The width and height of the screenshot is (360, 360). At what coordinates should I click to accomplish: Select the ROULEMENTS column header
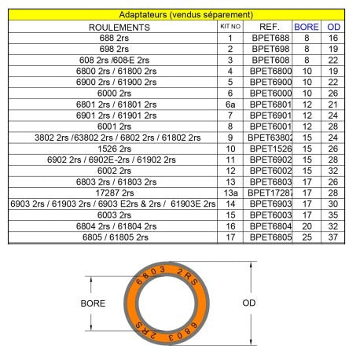point(113,26)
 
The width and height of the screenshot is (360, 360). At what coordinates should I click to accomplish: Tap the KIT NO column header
point(230,26)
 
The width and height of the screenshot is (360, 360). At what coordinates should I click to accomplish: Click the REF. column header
point(269,26)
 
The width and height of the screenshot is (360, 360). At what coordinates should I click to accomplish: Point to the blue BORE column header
point(306,26)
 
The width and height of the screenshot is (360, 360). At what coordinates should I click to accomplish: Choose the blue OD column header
point(333,26)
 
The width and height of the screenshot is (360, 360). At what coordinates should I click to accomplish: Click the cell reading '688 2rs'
point(113,37)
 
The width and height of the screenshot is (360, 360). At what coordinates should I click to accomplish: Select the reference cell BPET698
point(269,48)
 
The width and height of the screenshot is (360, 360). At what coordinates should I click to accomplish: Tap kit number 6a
point(230,104)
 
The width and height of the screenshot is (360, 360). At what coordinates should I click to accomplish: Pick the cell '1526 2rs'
point(113,148)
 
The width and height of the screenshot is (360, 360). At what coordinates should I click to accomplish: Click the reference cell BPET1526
point(269,148)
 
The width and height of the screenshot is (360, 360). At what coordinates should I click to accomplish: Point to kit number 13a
point(230,193)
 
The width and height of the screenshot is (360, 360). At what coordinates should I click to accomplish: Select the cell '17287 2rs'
point(113,193)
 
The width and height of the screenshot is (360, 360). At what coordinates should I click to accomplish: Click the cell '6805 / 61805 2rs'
point(113,237)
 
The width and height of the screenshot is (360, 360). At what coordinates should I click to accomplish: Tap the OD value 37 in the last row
point(333,237)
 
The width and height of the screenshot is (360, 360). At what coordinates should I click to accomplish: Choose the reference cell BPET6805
point(269,237)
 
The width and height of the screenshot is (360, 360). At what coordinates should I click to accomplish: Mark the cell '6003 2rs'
point(113,215)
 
